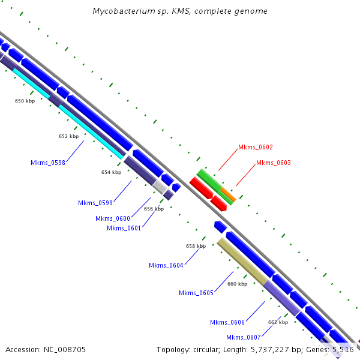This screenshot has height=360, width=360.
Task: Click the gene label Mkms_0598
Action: (47, 162)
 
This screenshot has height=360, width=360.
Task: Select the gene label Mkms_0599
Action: (95, 203)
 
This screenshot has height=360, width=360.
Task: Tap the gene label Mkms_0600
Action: (112, 218)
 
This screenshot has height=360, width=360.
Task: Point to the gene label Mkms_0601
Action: (124, 228)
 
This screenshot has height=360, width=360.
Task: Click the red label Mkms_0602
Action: (256, 147)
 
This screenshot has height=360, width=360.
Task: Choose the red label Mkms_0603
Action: (274, 163)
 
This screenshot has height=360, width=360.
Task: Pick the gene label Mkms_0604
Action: (166, 265)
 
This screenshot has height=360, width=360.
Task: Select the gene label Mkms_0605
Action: (196, 293)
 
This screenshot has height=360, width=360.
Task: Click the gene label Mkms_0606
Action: (227, 323)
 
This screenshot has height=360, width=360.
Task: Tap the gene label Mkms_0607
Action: (243, 337)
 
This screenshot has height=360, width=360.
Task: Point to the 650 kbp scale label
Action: (25, 101)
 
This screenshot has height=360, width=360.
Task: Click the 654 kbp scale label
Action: (111, 172)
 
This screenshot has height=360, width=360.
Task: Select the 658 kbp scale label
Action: (196, 246)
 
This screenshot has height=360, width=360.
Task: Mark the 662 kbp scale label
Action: (278, 322)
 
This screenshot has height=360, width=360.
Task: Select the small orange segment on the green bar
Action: (227, 194)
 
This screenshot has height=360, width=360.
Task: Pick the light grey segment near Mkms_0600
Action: (160, 187)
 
